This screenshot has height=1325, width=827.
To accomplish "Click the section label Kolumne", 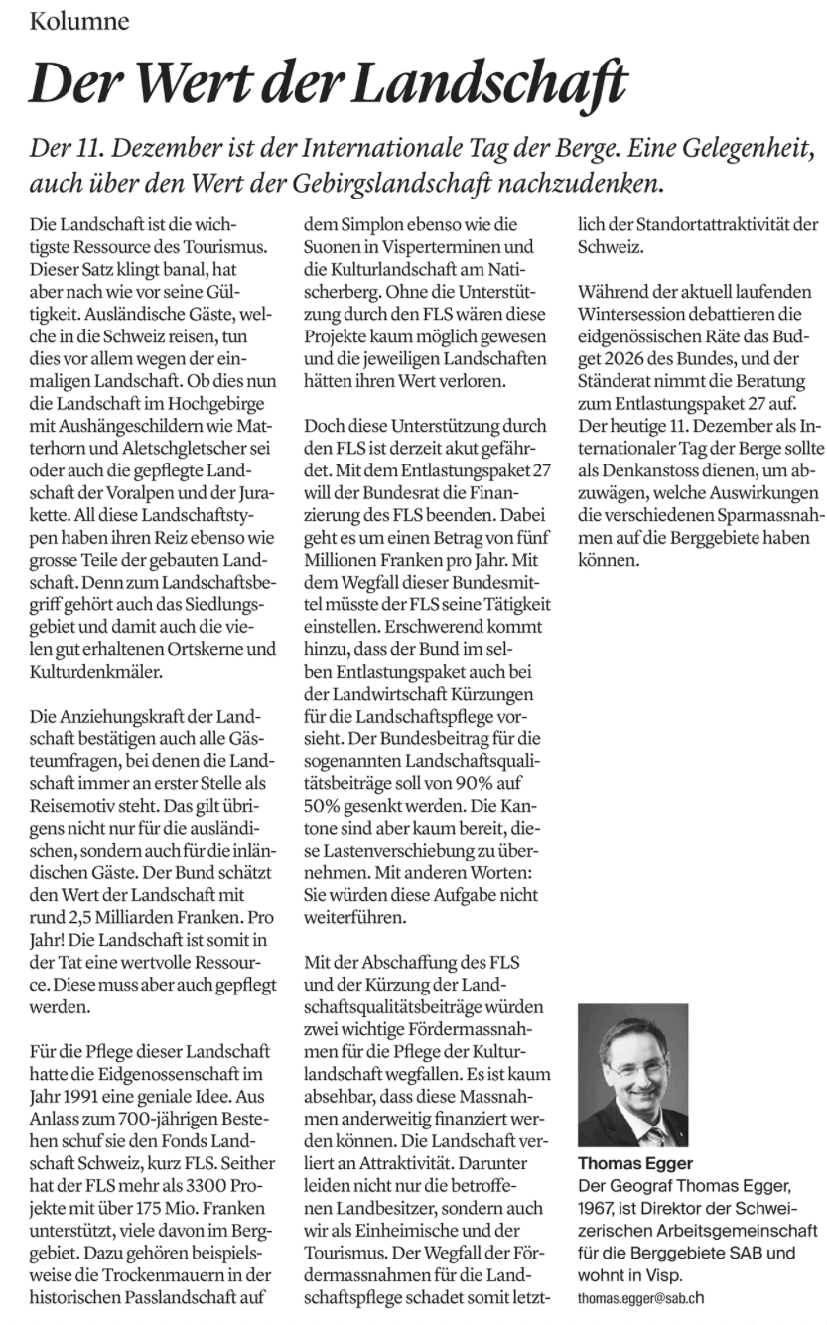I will coord(79,21).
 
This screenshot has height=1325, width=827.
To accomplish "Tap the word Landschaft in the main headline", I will coord(490,83).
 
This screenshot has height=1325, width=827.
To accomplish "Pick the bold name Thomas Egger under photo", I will coord(635,1162).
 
